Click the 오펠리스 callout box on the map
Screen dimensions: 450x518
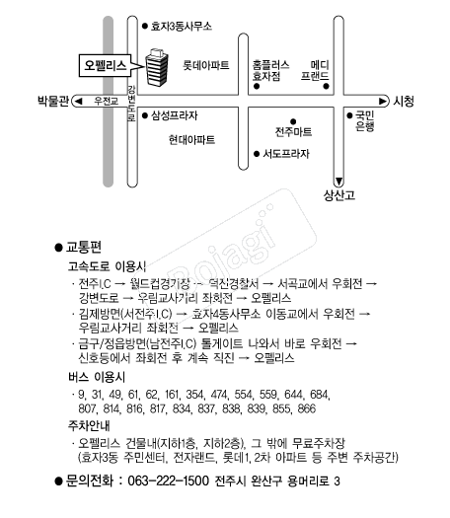pyautogui.click(x=105, y=65)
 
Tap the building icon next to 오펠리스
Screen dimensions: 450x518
pyautogui.click(x=157, y=67)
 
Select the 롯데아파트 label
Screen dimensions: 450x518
pyautogui.click(x=206, y=65)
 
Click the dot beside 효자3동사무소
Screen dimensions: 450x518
pyautogui.click(x=144, y=26)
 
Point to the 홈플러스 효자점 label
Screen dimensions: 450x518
pyautogui.click(x=270, y=70)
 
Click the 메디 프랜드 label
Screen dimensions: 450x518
pyautogui.click(x=315, y=70)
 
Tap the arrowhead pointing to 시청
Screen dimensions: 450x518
pyautogui.click(x=383, y=101)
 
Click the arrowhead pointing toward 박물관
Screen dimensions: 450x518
pyautogui.click(x=78, y=101)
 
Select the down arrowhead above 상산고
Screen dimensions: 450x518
pyautogui.click(x=338, y=182)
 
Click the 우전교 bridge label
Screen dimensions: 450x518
pyautogui.click(x=106, y=101)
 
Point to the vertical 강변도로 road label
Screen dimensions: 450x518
pyautogui.click(x=131, y=103)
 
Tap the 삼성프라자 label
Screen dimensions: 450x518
pyautogui.click(x=174, y=115)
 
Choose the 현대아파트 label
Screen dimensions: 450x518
pyautogui.click(x=191, y=140)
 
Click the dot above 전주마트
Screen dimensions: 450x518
pyautogui.click(x=293, y=121)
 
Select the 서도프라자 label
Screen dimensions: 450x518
pyautogui.click(x=286, y=154)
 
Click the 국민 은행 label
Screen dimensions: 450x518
pyautogui.click(x=365, y=121)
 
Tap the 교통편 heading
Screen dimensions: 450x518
pyautogui.click(x=84, y=247)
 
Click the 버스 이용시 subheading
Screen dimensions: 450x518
pyautogui.click(x=97, y=377)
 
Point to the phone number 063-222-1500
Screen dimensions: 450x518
pyautogui.click(x=168, y=481)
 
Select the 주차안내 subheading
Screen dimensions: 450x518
pyautogui.click(x=89, y=425)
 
